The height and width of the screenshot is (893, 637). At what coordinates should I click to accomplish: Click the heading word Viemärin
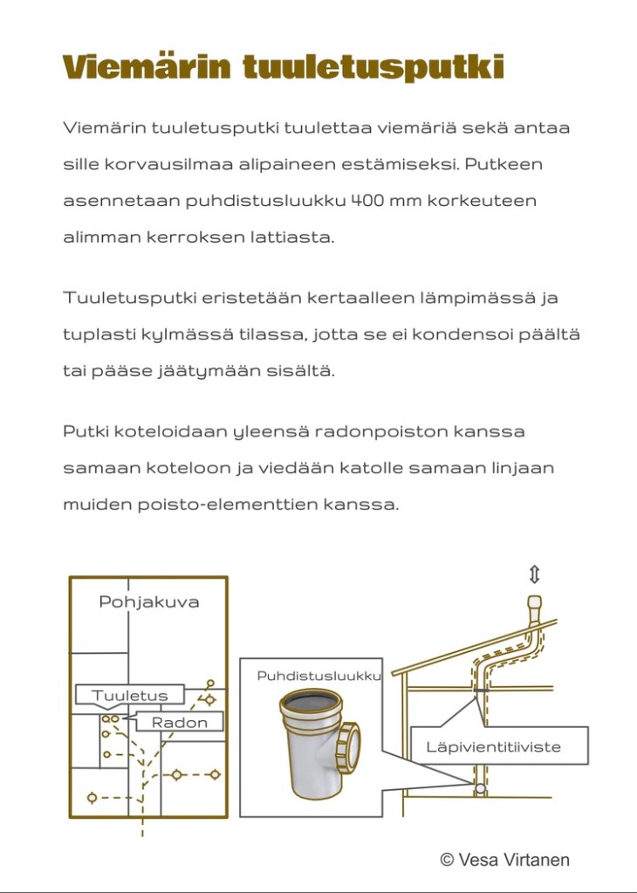pos(146,67)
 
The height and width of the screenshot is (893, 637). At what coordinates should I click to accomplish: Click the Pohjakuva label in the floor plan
pos(148,602)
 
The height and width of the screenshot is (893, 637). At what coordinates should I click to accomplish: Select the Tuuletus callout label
pos(128,696)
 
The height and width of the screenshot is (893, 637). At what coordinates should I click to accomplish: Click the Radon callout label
pos(179,722)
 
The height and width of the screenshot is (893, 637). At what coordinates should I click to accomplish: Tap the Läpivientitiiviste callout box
pos(493,746)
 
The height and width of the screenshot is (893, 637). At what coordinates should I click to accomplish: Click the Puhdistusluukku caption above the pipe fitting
pos(318,677)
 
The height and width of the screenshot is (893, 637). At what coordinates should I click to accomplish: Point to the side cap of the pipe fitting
pos(353,747)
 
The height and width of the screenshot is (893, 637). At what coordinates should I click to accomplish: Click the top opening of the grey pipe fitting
pos(312,700)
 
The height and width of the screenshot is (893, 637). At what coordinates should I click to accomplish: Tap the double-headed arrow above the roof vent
pos(534,574)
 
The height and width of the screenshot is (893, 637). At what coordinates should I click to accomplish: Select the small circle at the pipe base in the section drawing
pos(480,788)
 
